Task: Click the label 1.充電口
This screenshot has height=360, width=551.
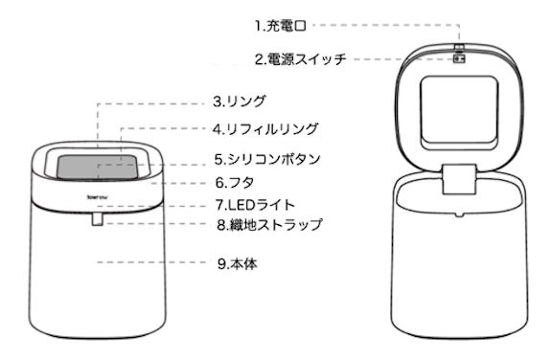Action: pyautogui.click(x=281, y=26)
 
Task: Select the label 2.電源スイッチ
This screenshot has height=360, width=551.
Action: pyautogui.click(x=301, y=59)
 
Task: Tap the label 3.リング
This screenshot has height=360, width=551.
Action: pyautogui.click(x=239, y=101)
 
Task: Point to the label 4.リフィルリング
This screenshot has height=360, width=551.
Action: pyautogui.click(x=265, y=129)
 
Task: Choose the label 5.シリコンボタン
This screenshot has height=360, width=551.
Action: pyautogui.click(x=267, y=159)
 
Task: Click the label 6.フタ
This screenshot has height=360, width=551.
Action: pyautogui.click(x=235, y=183)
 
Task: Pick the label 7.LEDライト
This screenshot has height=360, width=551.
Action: pyautogui.click(x=255, y=205)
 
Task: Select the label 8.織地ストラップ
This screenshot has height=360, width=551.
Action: pyautogui.click(x=269, y=224)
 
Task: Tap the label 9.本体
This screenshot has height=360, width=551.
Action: pyautogui.click(x=238, y=263)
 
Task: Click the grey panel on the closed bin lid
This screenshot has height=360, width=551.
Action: pyautogui.click(x=98, y=168)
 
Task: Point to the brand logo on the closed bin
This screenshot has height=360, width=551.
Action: pyautogui.click(x=98, y=197)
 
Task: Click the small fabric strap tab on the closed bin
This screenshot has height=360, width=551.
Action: pyautogui.click(x=98, y=219)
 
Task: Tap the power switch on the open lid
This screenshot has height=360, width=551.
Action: pyautogui.click(x=459, y=58)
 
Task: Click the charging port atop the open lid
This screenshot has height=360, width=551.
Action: pyautogui.click(x=459, y=47)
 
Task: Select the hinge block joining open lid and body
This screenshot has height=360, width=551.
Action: pyautogui.click(x=459, y=179)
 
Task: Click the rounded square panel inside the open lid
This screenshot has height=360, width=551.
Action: pyautogui.click(x=459, y=113)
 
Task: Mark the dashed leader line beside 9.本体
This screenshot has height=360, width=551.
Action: pyautogui.click(x=151, y=262)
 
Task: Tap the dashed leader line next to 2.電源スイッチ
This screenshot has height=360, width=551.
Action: pyautogui.click(x=403, y=59)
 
